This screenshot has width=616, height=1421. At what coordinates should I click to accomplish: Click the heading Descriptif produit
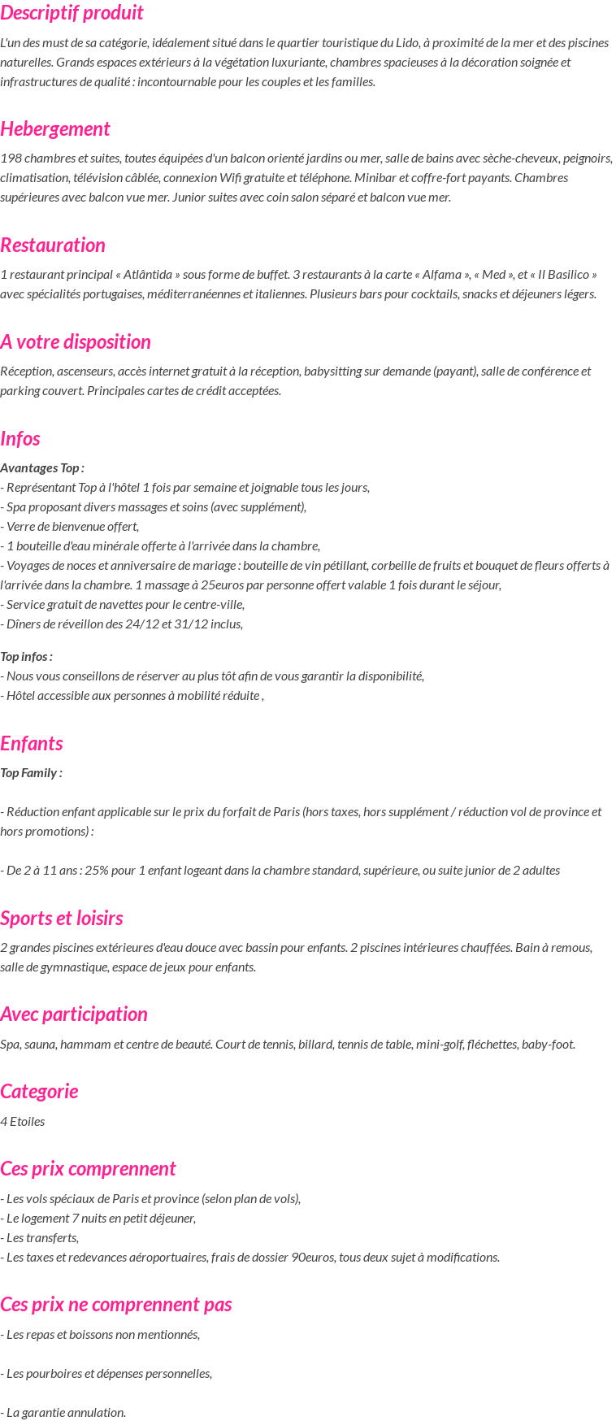(72, 13)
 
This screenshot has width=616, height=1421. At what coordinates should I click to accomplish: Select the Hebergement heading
(55, 129)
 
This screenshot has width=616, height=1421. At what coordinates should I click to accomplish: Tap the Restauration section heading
(53, 246)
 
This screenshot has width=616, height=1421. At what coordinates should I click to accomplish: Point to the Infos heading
(20, 439)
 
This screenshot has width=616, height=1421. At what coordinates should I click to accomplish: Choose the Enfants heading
(32, 744)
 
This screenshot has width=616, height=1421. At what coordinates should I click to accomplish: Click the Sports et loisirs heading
(62, 919)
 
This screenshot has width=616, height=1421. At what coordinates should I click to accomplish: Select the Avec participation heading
(74, 1015)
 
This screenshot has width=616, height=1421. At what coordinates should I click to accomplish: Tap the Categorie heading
(39, 1092)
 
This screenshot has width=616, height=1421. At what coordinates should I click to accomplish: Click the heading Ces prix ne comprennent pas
(116, 1305)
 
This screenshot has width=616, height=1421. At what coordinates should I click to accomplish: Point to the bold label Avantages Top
(42, 468)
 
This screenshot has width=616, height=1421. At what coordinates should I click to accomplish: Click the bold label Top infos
(27, 657)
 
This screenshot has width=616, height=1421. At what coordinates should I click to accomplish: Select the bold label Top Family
(31, 773)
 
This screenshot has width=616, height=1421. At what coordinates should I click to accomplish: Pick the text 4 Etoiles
(23, 1122)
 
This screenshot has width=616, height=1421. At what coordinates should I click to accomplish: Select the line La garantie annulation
(63, 1413)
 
